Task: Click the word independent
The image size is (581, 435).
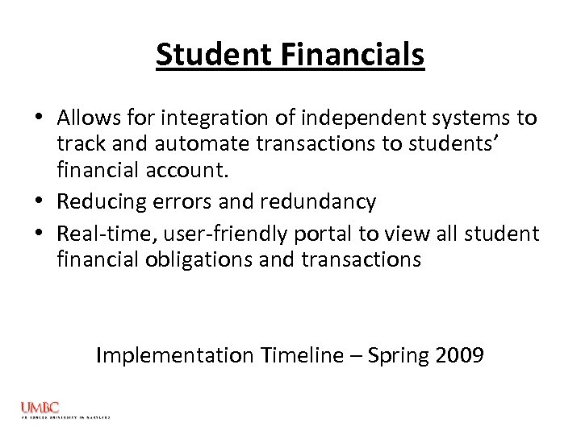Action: tap(355, 118)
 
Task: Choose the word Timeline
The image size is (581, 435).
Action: tap(298, 354)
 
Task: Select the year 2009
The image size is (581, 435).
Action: tap(460, 354)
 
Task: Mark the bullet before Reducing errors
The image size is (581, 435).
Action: tap(40, 202)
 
